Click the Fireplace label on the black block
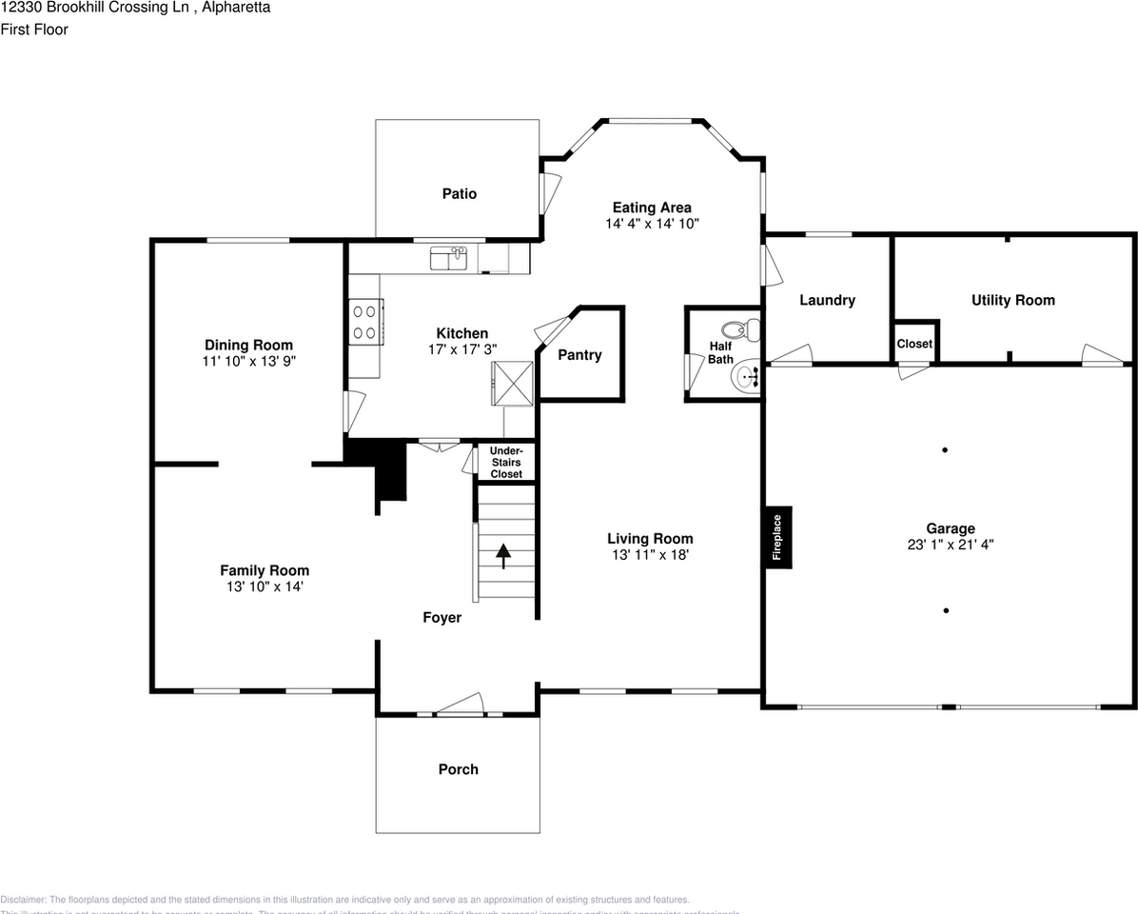coord(777,538)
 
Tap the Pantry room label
coord(579,355)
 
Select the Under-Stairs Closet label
coord(506,462)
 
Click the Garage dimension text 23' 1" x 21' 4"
coord(951,546)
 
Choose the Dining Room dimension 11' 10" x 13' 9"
coord(248,362)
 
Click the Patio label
coord(459,193)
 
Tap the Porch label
coord(458,769)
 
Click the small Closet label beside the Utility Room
coord(914,344)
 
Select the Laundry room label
coord(827,300)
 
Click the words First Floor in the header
coord(34,30)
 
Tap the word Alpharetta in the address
coord(237,8)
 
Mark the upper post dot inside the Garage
coord(945,449)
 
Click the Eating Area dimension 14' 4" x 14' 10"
coord(652,224)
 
